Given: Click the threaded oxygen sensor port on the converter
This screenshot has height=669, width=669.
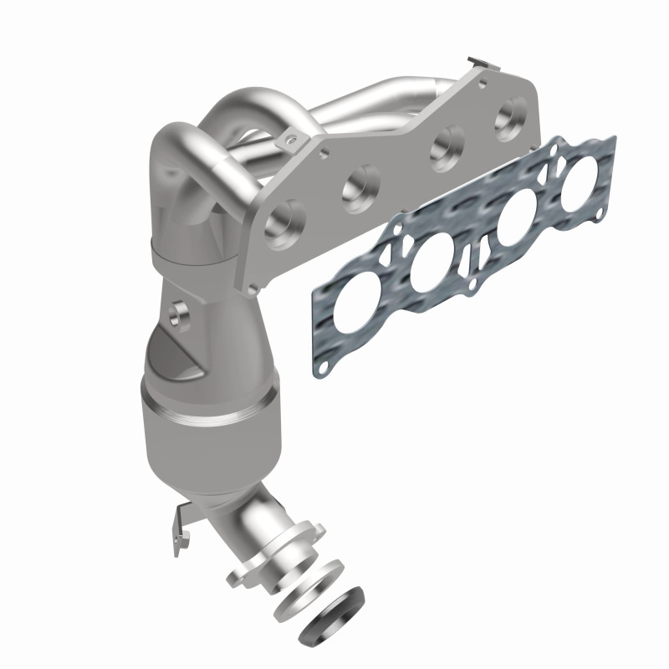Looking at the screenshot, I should (177, 314).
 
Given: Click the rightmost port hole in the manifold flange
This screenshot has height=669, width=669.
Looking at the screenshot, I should (509, 118).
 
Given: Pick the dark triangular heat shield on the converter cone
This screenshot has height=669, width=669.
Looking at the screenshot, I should (181, 355).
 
